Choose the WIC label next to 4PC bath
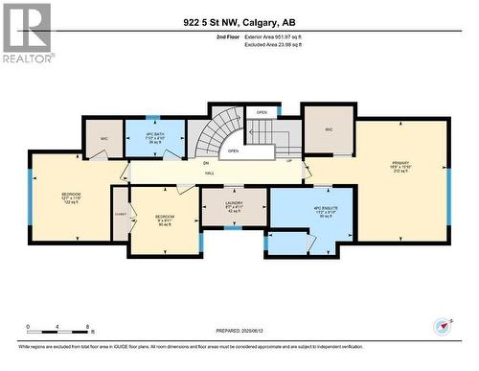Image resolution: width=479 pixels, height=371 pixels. point(104,139)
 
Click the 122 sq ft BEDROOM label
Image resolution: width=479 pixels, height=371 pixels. point(72,197)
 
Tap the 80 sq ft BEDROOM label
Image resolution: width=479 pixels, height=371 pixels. point(165,220)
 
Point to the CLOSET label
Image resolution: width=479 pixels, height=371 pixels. point(120,213)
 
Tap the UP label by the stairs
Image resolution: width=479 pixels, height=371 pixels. point(289,159)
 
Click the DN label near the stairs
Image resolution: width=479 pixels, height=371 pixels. point(206,163)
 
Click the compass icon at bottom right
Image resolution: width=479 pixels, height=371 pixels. point(442,327)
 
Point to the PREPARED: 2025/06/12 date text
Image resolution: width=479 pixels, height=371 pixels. point(239,331)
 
